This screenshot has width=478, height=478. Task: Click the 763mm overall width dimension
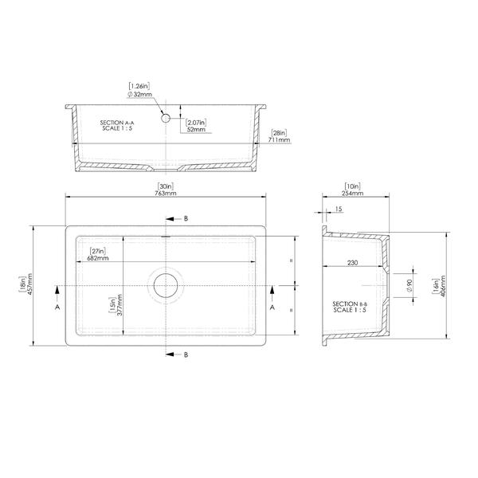(165, 194)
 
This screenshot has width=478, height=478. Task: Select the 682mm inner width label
(98, 258)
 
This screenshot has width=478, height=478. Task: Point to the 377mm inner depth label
(119, 305)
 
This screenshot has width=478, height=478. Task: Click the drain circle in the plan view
(166, 274)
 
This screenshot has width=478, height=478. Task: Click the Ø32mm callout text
(139, 95)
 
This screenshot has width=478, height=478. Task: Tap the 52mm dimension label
(196, 129)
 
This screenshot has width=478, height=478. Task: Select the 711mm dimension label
(280, 140)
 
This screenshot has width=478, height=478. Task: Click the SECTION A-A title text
(117, 123)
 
